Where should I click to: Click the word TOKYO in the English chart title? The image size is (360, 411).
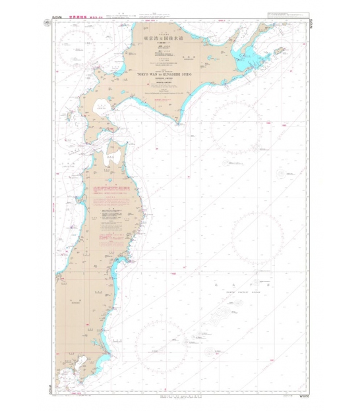click(x=143, y=74)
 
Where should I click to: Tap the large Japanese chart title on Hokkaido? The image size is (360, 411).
click(x=161, y=39)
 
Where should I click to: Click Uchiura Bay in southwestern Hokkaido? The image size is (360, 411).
click(x=102, y=107)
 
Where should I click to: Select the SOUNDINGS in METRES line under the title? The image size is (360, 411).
click(x=161, y=82)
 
